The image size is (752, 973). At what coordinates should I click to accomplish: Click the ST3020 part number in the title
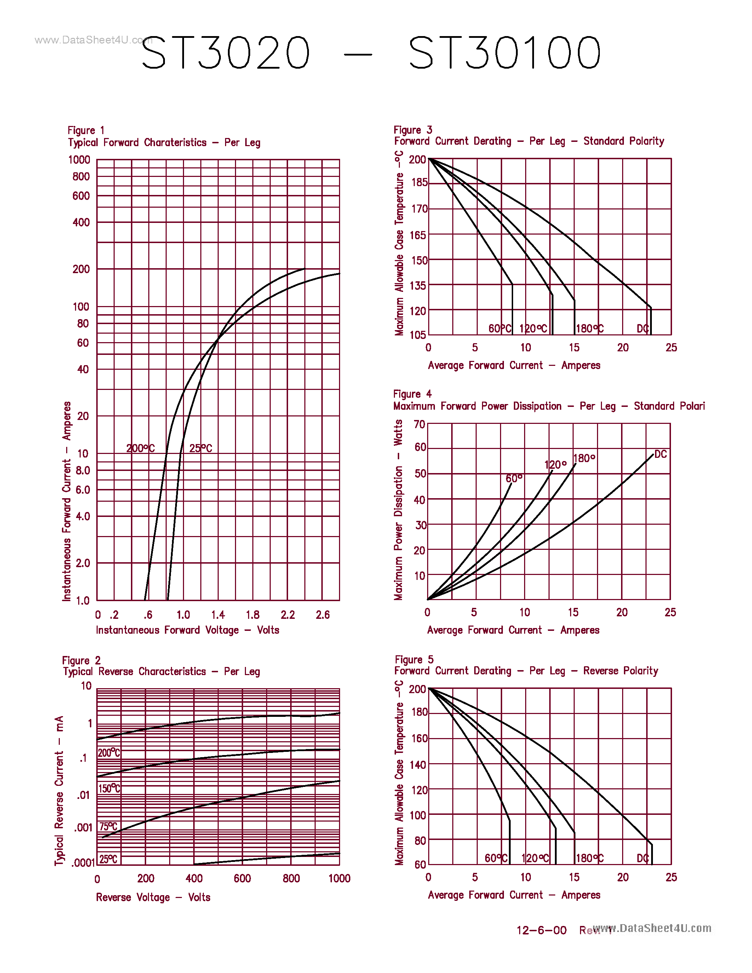[x=225, y=53]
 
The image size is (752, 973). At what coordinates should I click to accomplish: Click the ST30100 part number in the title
[x=505, y=53]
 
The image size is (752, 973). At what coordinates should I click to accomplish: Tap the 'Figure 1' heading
[x=86, y=131]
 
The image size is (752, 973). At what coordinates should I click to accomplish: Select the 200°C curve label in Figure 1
[x=140, y=448]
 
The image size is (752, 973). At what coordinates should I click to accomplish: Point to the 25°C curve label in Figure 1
[x=200, y=448]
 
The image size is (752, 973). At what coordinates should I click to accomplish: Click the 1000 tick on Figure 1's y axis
[x=79, y=160]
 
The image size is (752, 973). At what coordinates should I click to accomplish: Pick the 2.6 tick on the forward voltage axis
[x=322, y=615]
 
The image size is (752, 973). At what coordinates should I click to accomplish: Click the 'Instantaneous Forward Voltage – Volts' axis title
[x=188, y=630]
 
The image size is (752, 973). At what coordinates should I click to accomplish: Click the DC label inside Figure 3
[x=642, y=329]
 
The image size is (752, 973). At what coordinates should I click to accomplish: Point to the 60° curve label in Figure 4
[x=513, y=478]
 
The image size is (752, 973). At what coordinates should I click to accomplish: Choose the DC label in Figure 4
[x=660, y=454]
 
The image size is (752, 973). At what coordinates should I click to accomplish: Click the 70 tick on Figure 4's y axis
[x=419, y=424]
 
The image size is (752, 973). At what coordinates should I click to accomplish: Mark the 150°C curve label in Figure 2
[x=109, y=789]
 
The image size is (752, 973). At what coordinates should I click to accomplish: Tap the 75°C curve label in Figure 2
[x=108, y=827]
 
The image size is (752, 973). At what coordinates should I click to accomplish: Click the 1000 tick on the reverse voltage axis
[x=339, y=879]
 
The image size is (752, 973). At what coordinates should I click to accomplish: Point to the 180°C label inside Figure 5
[x=590, y=858]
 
